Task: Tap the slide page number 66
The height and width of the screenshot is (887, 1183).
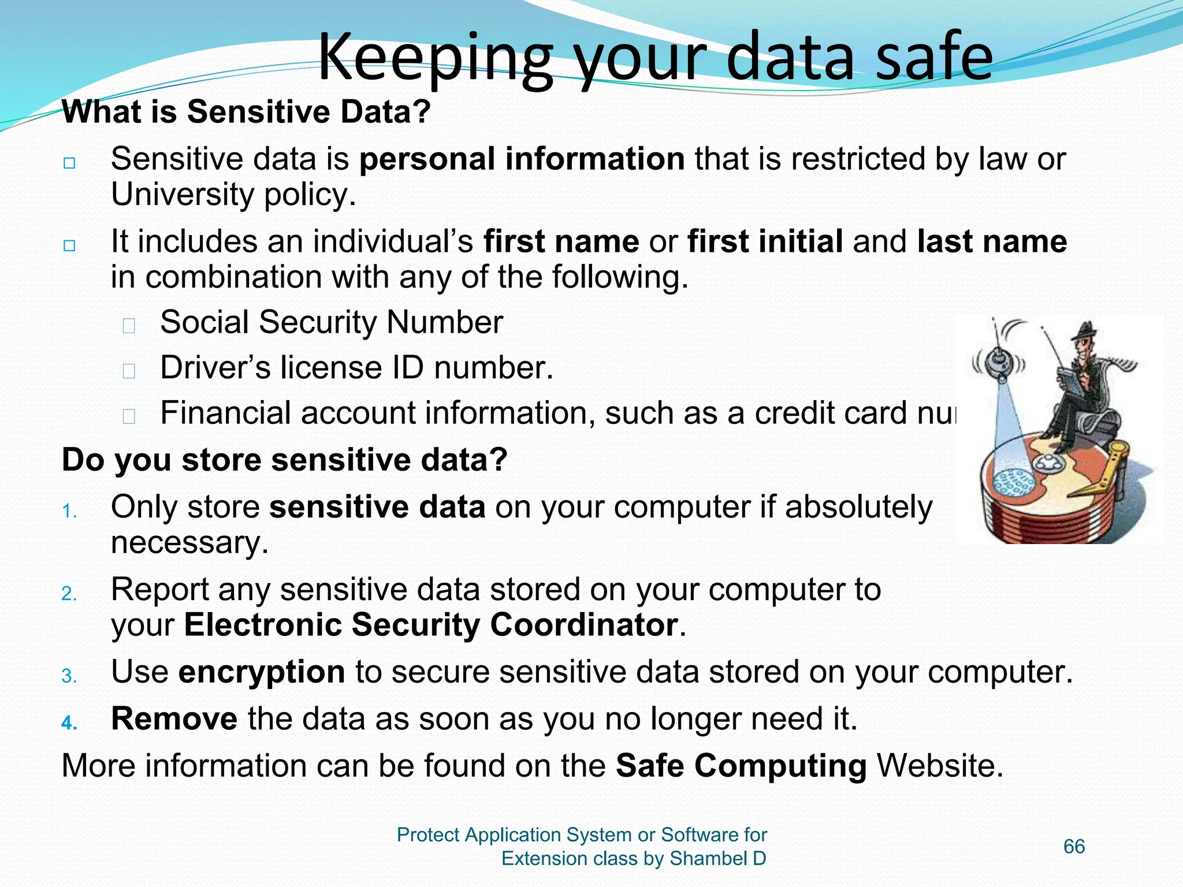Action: (1074, 847)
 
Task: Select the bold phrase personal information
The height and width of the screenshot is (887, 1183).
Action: (522, 159)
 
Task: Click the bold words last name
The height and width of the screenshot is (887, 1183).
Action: (991, 241)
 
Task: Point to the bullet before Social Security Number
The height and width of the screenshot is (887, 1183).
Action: (129, 326)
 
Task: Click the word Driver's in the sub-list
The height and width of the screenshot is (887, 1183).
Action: (215, 368)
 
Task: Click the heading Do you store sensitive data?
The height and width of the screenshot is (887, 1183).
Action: (284, 460)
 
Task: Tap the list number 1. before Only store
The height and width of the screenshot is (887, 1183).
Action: (69, 511)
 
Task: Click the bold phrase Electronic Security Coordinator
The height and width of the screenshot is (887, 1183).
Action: (431, 625)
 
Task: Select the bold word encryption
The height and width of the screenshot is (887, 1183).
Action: (261, 672)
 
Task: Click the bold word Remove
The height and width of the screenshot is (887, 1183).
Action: (174, 719)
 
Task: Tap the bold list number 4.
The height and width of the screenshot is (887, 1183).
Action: (69, 723)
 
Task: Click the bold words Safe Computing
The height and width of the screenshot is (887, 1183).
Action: (741, 766)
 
